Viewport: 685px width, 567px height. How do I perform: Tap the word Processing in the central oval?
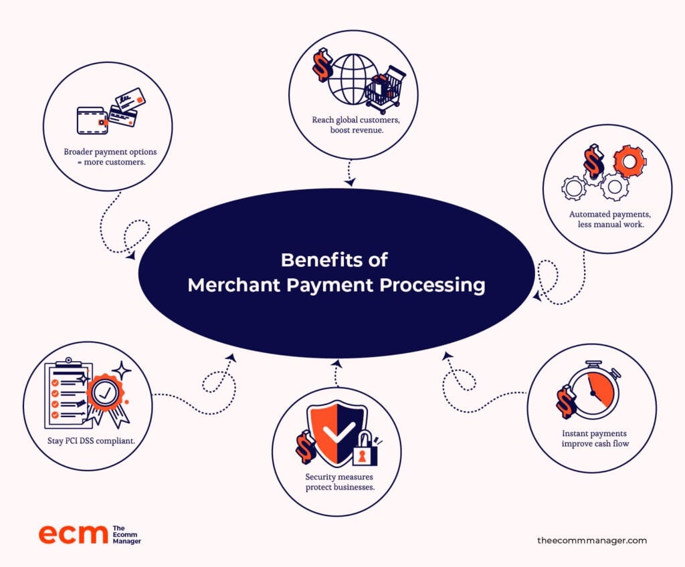coord(433,286)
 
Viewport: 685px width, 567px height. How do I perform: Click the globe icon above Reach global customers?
coord(353,79)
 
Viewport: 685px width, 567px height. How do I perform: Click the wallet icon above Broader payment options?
coord(92,120)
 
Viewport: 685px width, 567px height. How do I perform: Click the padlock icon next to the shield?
coord(365,449)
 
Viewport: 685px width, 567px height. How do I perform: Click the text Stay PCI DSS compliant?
coord(91,441)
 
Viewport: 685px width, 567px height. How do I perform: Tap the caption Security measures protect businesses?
coord(339,482)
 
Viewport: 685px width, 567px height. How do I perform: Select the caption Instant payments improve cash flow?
coord(595,439)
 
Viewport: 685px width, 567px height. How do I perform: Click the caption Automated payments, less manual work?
coord(610,219)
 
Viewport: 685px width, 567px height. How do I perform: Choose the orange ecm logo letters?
coord(73,534)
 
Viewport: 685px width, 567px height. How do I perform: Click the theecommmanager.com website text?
coord(592,540)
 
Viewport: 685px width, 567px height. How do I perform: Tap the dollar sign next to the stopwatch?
coord(567,401)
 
